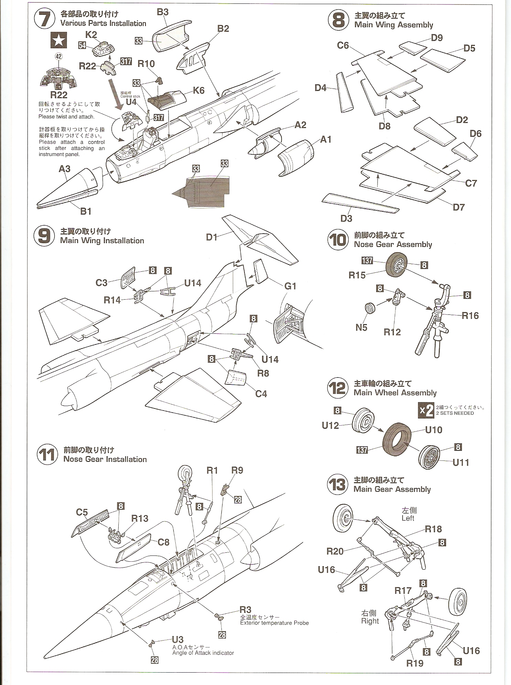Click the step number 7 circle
[x=44, y=19]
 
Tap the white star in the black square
[x=58, y=41]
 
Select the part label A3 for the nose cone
[x=65, y=169]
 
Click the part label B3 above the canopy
[x=163, y=12]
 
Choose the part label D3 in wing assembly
[x=346, y=218]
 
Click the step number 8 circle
[x=338, y=20]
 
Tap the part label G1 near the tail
[x=290, y=286]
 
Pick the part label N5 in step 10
[x=361, y=327]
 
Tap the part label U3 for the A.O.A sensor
[x=177, y=640]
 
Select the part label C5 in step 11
[x=82, y=512]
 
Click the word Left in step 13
[x=408, y=518]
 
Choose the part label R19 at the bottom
[x=415, y=663]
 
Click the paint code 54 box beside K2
[x=82, y=45]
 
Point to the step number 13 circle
[x=338, y=485]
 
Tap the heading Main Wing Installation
[x=102, y=241]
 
